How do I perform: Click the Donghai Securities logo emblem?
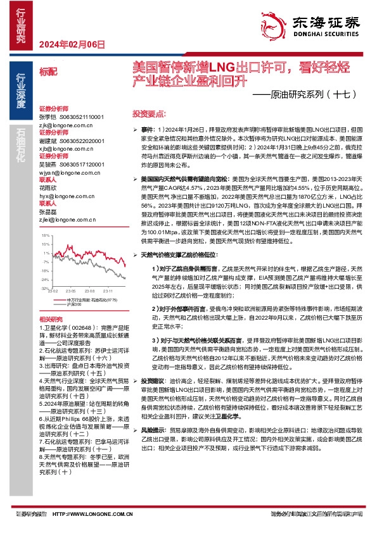(277, 23)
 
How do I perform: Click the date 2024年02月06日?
(71, 44)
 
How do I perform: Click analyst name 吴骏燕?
(48, 163)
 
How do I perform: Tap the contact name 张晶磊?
(48, 212)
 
